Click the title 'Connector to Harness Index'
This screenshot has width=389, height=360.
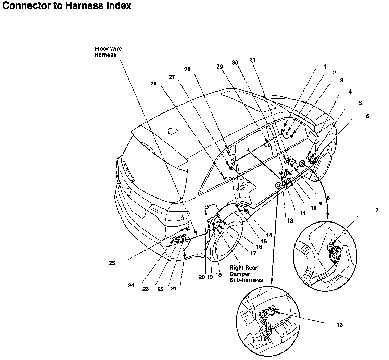pos(67,5)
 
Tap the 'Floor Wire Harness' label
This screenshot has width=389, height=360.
pos(108,52)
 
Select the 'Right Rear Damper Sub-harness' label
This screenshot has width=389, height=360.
pos(246,274)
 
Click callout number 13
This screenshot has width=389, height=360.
pos(339,325)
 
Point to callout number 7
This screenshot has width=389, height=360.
pos(377,211)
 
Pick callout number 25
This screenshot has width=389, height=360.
pos(112,263)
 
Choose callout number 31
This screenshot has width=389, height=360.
pos(253,60)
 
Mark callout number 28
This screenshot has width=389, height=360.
pos(187,69)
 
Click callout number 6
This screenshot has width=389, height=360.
pos(367,116)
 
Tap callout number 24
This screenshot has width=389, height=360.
pos(131,285)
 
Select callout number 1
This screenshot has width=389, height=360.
pos(325,67)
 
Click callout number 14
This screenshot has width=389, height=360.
pos(269,235)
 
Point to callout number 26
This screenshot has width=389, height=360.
pos(153,83)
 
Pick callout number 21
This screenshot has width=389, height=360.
pos(173,288)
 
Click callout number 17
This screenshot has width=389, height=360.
pos(253,253)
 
